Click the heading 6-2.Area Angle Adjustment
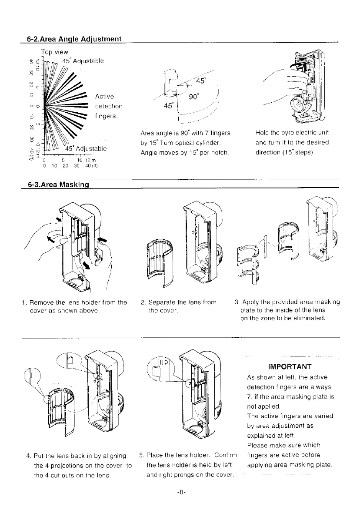coord(74,39)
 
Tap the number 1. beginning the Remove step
coord(25,302)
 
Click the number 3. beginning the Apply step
coord(237,302)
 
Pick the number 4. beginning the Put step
coord(29,455)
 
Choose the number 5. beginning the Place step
coord(142,455)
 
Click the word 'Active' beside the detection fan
coord(105,96)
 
